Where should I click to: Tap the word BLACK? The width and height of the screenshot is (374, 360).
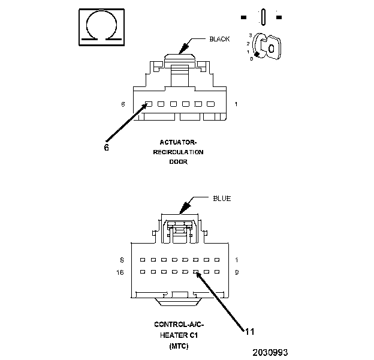pyautogui.click(x=219, y=39)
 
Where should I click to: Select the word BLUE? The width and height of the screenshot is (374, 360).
pyautogui.click(x=221, y=199)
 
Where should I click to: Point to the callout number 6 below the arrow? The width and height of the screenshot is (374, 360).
pyautogui.click(x=106, y=147)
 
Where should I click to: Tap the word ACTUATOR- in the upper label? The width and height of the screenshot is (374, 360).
pyautogui.click(x=178, y=142)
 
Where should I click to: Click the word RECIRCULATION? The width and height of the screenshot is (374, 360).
pyautogui.click(x=178, y=152)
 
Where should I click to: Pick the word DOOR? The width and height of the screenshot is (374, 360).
pyautogui.click(x=178, y=161)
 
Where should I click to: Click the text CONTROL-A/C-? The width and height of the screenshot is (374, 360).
pyautogui.click(x=178, y=325)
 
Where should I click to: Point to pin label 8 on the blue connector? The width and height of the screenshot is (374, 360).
pyautogui.click(x=122, y=260)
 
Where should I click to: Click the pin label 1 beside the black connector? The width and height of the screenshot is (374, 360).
pyautogui.click(x=236, y=104)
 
